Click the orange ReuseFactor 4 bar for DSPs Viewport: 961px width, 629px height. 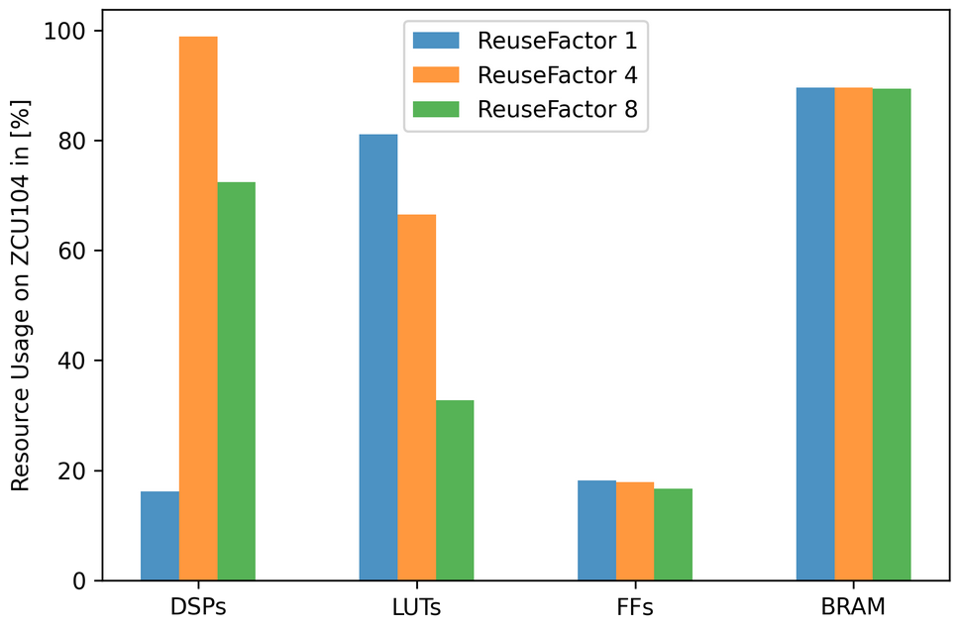click(x=198, y=308)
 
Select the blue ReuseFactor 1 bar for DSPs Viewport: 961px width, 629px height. click(x=160, y=536)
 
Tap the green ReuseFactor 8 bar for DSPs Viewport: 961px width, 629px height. click(x=237, y=381)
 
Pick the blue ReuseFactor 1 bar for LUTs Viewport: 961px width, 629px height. click(x=378, y=358)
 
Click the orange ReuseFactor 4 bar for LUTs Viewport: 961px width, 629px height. click(x=417, y=397)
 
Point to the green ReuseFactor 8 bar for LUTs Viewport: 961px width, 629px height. click(x=455, y=490)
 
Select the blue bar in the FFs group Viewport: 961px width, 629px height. click(x=596, y=530)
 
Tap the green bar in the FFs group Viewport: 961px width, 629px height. click(x=673, y=534)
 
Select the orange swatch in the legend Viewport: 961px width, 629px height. click(x=436, y=75)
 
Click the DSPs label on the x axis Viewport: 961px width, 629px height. click(x=198, y=606)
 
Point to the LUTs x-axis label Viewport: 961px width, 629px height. click(x=417, y=606)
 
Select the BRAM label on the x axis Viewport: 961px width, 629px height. click(x=853, y=606)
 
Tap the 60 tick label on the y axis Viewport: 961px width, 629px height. click(x=72, y=251)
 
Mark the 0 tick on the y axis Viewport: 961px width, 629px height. click(x=78, y=580)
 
